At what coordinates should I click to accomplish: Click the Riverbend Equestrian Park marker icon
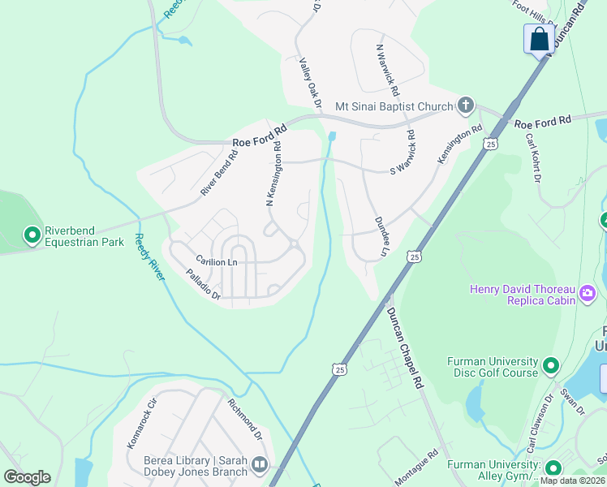click(x=32, y=235)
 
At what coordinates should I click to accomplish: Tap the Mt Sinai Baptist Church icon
click(x=465, y=106)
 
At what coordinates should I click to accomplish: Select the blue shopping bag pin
click(x=539, y=38)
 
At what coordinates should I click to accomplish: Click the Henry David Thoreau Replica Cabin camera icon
click(x=587, y=292)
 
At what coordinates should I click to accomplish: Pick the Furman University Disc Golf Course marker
click(x=551, y=366)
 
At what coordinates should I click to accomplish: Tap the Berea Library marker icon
click(x=260, y=465)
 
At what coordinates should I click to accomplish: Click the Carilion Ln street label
click(x=216, y=261)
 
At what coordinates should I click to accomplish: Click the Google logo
click(x=27, y=477)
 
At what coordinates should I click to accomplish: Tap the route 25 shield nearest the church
click(x=489, y=144)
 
